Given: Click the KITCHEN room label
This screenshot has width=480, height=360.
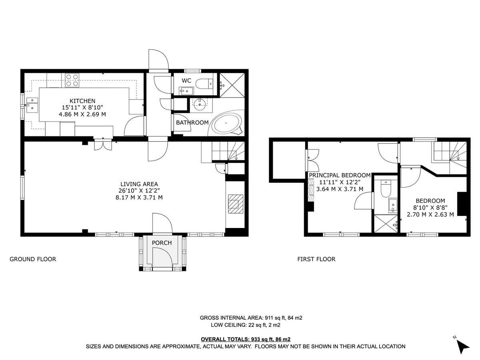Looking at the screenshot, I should click(x=82, y=101).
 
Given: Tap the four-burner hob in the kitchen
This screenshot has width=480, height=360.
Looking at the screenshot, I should click(x=72, y=80).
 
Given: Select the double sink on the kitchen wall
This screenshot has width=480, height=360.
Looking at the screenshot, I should click(x=32, y=104).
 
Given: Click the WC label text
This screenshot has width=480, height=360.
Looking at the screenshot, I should click(x=186, y=81).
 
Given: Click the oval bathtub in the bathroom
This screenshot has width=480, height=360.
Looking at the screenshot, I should click(x=227, y=124).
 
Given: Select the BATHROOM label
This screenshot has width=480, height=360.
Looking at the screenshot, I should click(x=192, y=122).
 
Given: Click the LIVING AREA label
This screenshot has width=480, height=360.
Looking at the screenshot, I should click(x=138, y=184).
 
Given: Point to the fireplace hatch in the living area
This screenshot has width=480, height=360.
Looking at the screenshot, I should click(x=234, y=204).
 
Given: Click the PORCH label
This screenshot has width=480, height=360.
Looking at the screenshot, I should click(x=162, y=243).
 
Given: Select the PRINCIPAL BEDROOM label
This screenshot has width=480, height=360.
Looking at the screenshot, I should click(x=340, y=175).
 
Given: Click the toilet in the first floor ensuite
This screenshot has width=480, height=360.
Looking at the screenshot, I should click(x=385, y=189).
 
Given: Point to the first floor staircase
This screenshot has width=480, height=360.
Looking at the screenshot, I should click(x=448, y=154).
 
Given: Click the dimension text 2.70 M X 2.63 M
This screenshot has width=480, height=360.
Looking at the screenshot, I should click(x=430, y=214).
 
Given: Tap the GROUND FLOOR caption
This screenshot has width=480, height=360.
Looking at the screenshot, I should click(x=33, y=259).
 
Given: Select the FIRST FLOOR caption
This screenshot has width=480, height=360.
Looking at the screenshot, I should click(x=316, y=259).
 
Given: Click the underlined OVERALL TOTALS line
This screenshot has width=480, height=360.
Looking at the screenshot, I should click(x=246, y=339).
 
